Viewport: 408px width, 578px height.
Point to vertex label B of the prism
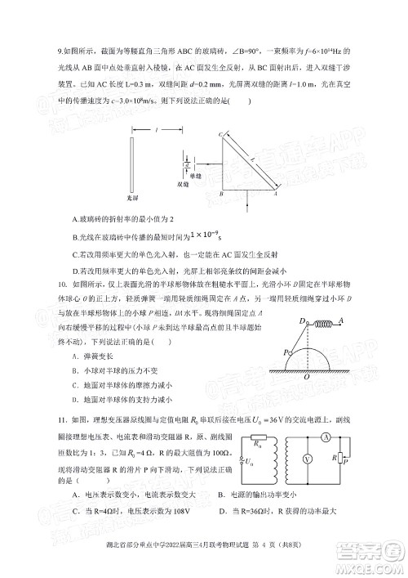coord(221,196)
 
